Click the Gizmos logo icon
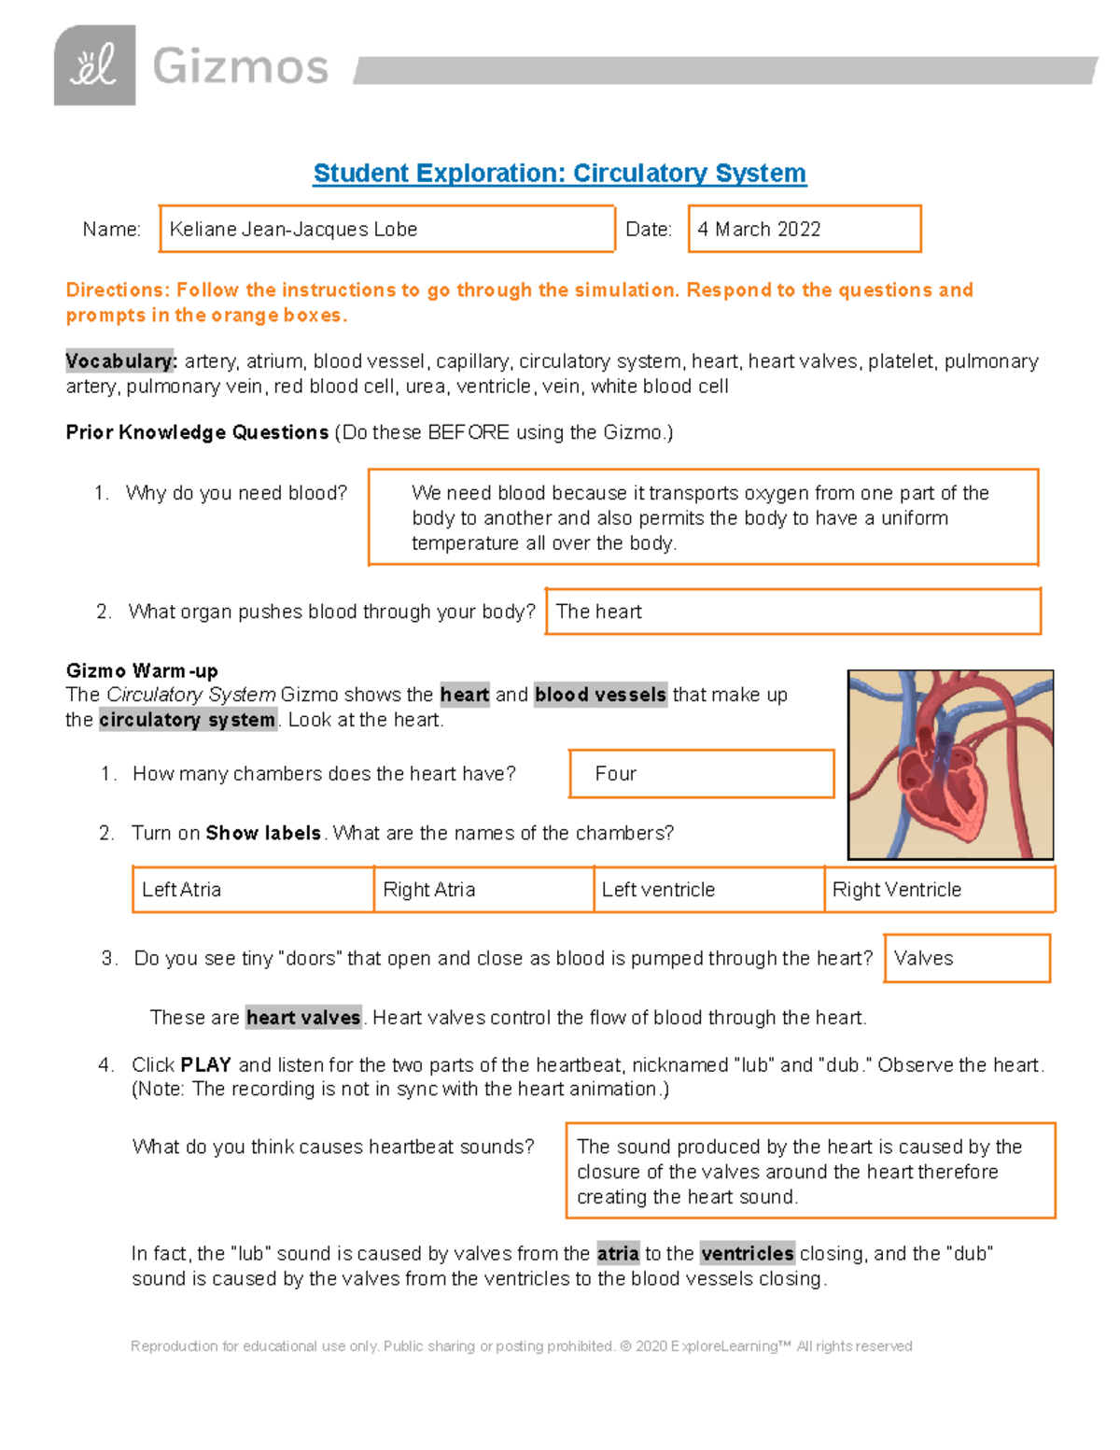(x=94, y=65)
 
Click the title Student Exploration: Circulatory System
(x=559, y=174)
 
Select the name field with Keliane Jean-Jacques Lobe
(x=386, y=230)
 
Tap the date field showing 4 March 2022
(x=804, y=230)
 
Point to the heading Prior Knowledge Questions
(x=197, y=432)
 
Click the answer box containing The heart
(x=792, y=612)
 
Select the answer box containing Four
(x=701, y=774)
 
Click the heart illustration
(x=950, y=765)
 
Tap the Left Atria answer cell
(x=252, y=890)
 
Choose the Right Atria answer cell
(x=483, y=890)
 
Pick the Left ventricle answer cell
(x=708, y=890)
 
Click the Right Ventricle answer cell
(x=939, y=890)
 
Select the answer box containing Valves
(x=966, y=959)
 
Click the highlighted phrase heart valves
(x=303, y=1018)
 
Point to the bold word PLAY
(x=205, y=1065)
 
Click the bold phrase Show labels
(x=263, y=833)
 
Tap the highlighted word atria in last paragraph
(x=618, y=1254)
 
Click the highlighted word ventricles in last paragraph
(x=747, y=1254)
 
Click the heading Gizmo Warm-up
(x=142, y=671)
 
